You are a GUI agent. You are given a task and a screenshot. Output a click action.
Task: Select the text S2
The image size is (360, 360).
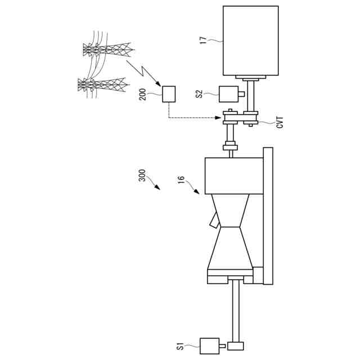tap(199, 93)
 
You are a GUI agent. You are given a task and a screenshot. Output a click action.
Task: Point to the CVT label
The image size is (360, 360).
tap(280, 122)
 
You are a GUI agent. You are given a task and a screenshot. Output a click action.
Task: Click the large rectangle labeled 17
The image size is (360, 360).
tap(250, 40)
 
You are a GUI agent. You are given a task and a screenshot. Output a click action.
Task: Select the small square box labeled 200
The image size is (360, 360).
tap(169, 93)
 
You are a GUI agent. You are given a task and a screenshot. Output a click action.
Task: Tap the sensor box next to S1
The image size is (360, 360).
tap(210, 345)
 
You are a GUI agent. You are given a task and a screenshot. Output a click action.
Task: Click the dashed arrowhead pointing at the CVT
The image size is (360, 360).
tap(219, 118)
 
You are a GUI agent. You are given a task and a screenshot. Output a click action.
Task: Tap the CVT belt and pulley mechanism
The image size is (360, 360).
tap(241, 119)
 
